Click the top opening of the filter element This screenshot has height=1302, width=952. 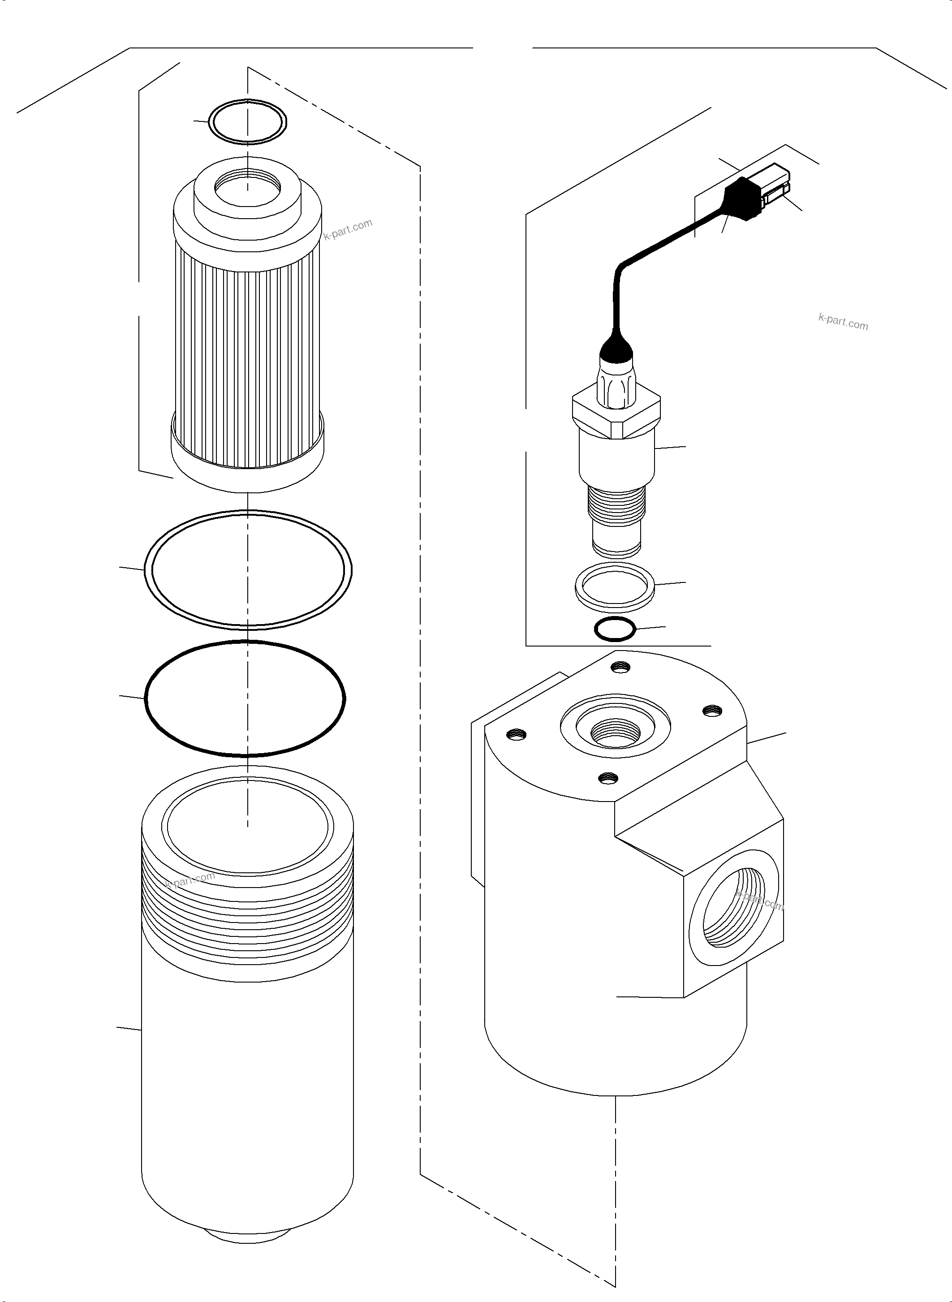coord(248,187)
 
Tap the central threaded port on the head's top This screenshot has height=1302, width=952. coord(616,732)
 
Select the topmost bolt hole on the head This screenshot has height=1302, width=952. coord(620,668)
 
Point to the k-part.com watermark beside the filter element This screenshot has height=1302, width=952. coord(348,229)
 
